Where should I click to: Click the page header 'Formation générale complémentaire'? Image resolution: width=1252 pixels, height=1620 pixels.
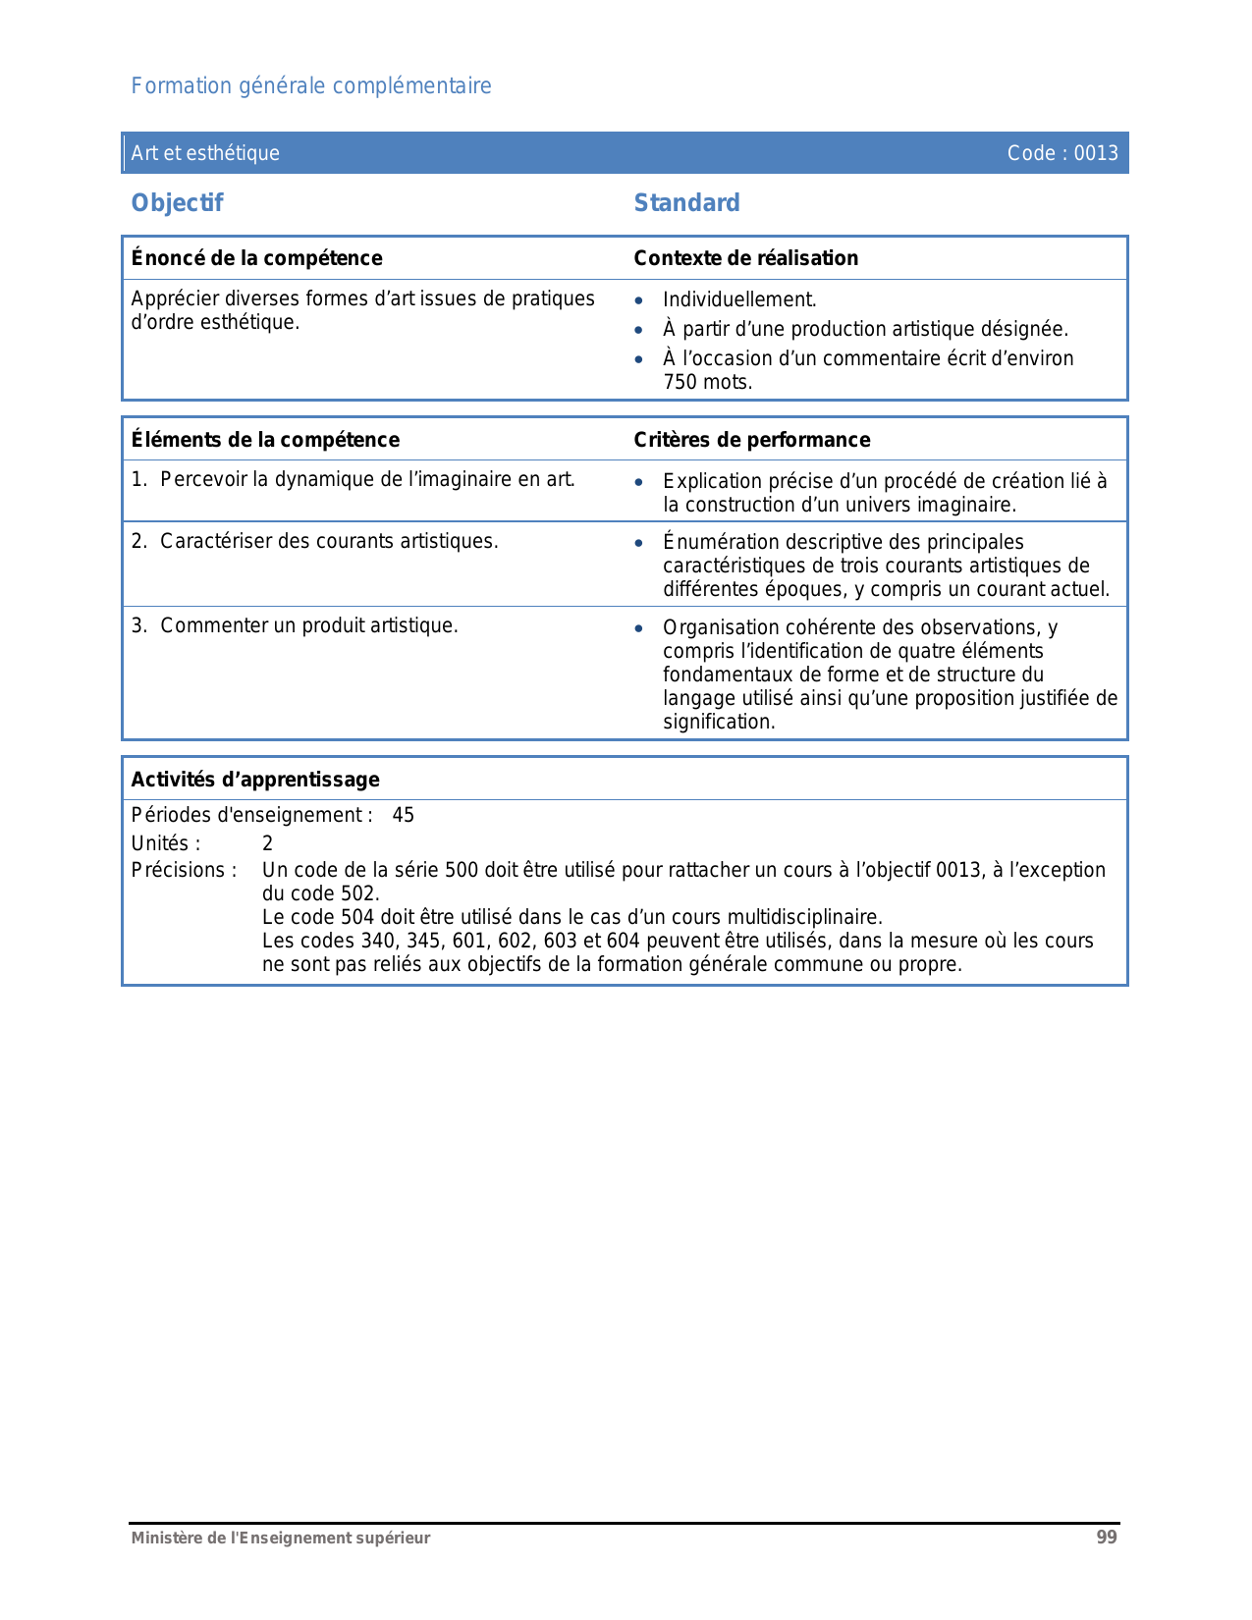[x=311, y=86]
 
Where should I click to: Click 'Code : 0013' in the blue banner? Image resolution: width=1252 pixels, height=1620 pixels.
[x=1062, y=153]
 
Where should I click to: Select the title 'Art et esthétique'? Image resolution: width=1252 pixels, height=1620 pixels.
[x=205, y=153]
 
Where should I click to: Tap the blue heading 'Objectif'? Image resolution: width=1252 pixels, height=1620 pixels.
[x=177, y=203]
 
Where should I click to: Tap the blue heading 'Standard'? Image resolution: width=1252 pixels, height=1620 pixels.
[x=686, y=203]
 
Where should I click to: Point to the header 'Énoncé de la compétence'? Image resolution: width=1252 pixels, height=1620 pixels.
[x=256, y=258]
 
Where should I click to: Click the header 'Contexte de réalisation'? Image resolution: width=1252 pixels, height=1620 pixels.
[x=745, y=258]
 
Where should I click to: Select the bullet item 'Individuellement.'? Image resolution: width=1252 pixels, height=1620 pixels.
[x=739, y=300]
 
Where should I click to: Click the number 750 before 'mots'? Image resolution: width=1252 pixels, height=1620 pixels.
[x=680, y=383]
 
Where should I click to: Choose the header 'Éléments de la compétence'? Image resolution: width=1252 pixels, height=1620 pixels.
[x=265, y=440]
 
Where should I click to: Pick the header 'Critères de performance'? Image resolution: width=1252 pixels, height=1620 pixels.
[x=751, y=440]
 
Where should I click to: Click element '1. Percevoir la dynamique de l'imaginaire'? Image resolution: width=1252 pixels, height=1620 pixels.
[x=354, y=480]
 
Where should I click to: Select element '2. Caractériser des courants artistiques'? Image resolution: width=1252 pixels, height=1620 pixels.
[x=315, y=542]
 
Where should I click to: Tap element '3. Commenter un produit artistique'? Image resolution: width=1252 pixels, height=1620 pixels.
[x=295, y=626]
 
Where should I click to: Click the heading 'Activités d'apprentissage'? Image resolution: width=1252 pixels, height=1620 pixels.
[x=255, y=780]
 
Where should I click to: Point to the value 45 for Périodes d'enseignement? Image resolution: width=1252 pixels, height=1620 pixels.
[x=403, y=816]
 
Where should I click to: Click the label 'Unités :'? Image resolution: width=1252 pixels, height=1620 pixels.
[x=166, y=844]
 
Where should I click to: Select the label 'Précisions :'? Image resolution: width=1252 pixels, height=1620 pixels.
[x=184, y=871]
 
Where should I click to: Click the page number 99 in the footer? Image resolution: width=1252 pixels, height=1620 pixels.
[x=1107, y=1538]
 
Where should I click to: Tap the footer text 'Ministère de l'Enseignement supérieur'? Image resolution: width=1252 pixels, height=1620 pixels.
[x=281, y=1539]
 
